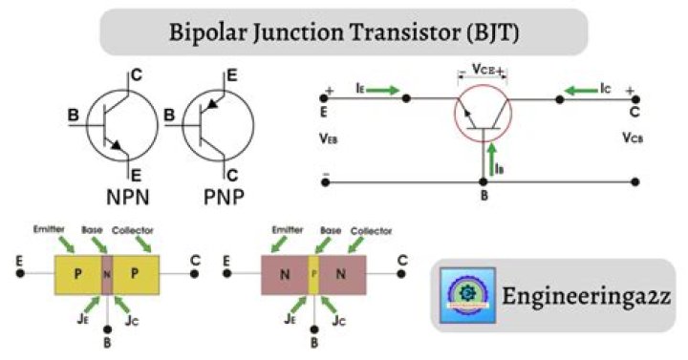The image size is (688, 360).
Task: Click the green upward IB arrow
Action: tap(489, 159)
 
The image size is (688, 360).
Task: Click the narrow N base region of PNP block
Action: tap(107, 274)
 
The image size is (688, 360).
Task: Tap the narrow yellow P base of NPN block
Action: tap(312, 274)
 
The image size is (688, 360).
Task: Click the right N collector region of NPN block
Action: tap(342, 274)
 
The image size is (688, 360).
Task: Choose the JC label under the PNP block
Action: tap(136, 321)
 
